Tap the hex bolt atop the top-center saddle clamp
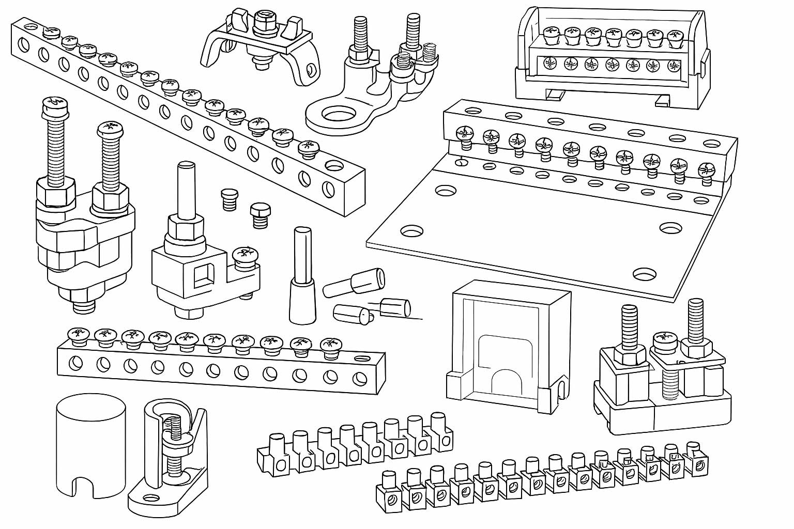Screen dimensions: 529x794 (x=262, y=19)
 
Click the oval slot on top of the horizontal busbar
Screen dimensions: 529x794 (x=362, y=357)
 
